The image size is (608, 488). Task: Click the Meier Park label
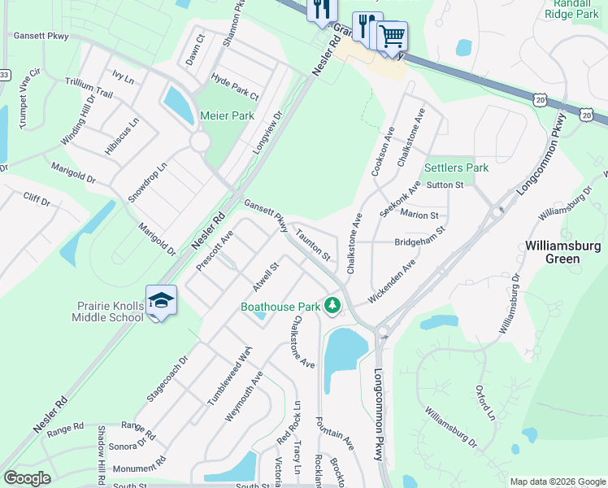(x=227, y=116)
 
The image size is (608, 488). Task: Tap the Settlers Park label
(x=456, y=168)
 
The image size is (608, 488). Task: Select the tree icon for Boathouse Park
(x=332, y=306)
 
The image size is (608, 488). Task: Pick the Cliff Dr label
(x=37, y=198)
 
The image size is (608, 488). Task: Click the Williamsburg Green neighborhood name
(x=563, y=252)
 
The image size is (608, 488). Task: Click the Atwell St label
(x=265, y=277)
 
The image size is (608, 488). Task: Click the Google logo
(x=28, y=478)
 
